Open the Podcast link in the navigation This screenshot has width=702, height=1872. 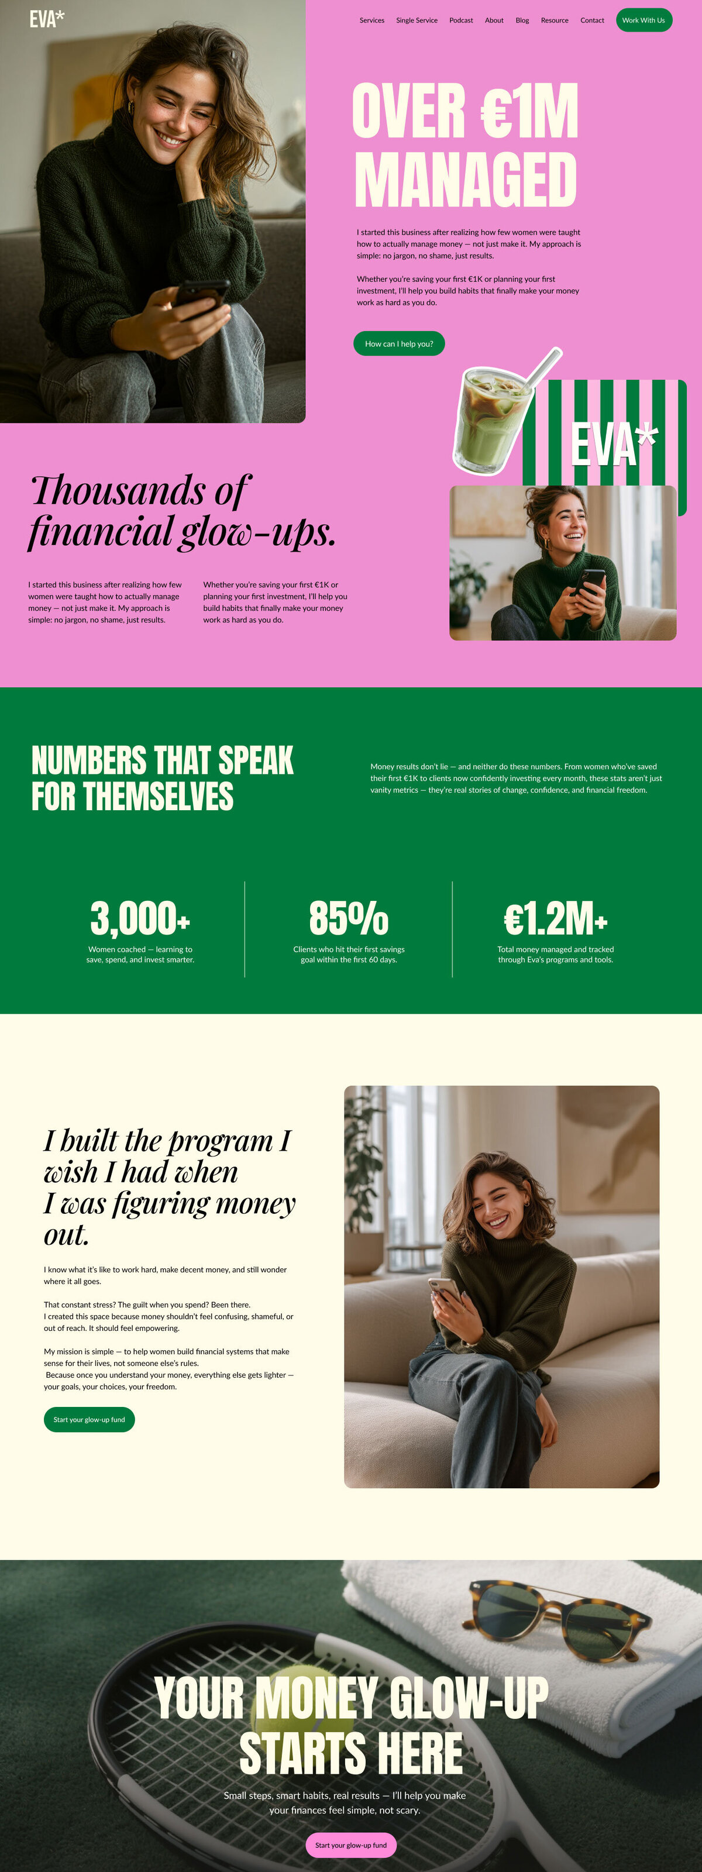[x=461, y=20]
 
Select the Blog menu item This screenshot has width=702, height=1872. [x=522, y=20]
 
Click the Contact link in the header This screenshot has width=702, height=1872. [x=591, y=20]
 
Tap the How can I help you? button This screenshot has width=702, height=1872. [x=398, y=344]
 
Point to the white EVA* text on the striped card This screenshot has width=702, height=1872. [x=612, y=444]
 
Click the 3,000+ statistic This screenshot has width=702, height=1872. [x=140, y=918]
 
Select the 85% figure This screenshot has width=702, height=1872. [x=349, y=918]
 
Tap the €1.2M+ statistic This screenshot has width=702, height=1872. [x=555, y=918]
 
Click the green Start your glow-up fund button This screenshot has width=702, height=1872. [x=90, y=1419]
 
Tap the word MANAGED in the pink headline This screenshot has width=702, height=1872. [x=465, y=180]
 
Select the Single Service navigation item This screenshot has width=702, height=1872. [x=417, y=20]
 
